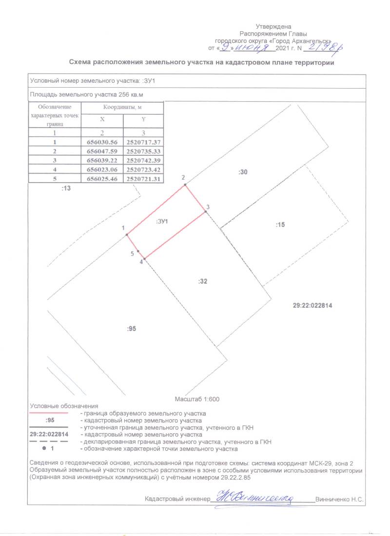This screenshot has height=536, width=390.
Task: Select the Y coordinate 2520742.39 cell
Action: (143, 161)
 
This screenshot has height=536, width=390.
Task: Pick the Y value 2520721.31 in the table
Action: (143, 179)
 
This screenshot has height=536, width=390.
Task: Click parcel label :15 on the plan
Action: (280, 224)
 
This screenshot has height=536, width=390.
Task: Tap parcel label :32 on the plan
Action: (203, 281)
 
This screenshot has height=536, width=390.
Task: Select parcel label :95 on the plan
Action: (131, 329)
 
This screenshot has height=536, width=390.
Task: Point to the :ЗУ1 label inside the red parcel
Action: (162, 222)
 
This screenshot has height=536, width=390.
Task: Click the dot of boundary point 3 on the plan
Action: (205, 212)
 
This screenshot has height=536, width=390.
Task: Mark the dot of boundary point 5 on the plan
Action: (138, 251)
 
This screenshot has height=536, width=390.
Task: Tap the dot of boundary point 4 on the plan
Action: (145, 259)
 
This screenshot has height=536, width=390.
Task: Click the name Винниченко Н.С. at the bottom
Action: (340, 499)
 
